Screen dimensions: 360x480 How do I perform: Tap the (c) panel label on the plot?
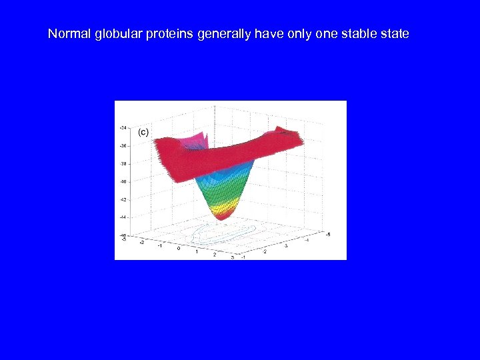pos(143,132)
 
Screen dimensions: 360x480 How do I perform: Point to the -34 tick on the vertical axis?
pos(123,127)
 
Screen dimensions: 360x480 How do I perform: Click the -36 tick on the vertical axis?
pos(123,145)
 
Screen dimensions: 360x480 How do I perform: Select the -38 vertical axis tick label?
pos(123,163)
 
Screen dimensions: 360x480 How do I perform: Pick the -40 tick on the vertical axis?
pos(123,181)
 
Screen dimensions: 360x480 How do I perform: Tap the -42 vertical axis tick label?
pos(123,199)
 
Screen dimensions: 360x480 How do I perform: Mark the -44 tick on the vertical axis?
pos(123,217)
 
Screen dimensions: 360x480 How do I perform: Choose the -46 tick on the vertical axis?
pos(123,235)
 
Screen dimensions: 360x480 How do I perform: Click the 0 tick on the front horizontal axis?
pos(179,248)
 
